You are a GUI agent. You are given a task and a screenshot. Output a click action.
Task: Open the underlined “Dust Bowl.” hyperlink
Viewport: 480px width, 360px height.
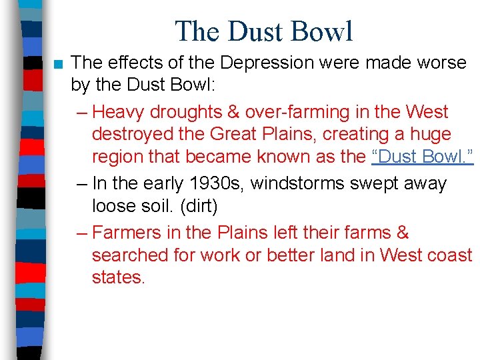point(422,157)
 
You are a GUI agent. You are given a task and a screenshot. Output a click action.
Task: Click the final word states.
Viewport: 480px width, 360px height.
point(117,278)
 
